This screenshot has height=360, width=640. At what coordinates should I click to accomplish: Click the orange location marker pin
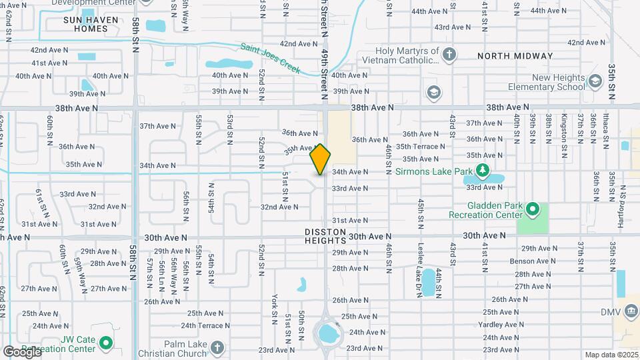coord(320,159)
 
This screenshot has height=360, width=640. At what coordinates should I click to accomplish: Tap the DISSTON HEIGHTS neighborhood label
coord(325,236)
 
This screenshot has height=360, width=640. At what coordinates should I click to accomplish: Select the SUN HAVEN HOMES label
coord(95,25)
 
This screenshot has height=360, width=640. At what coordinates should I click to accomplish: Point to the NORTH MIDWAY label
coord(515,57)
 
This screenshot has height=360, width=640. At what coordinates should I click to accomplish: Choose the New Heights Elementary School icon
coord(595,82)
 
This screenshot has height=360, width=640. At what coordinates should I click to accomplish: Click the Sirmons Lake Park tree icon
coord(483,171)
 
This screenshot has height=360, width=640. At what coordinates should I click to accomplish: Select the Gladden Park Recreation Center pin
coord(532,210)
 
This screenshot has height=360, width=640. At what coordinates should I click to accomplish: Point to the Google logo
coord(22,351)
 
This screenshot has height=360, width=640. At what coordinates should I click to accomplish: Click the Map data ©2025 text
coord(611,355)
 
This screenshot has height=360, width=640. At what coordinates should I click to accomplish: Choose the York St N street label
coord(274,306)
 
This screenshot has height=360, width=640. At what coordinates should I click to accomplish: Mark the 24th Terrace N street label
coord(208,325)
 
